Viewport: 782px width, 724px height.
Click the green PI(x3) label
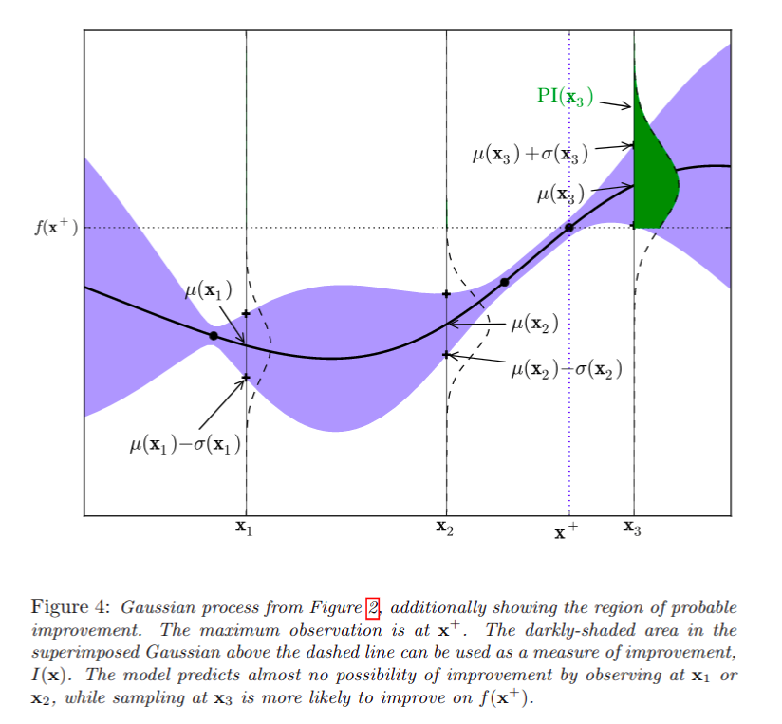[565, 96]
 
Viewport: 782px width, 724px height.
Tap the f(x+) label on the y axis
[56, 227]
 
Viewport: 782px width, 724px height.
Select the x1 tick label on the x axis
[244, 528]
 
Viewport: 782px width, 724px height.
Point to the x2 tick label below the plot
[445, 528]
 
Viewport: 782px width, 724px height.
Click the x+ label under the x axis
[566, 531]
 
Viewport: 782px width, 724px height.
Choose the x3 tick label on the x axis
[632, 528]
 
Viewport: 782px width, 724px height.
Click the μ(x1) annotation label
[209, 289]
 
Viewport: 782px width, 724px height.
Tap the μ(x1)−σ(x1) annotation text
[185, 444]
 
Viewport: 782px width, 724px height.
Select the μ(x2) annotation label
[534, 325]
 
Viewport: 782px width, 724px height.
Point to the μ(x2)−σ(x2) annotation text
[567, 369]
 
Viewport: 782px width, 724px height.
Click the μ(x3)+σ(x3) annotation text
[531, 154]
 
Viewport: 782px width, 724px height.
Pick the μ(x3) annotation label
[561, 194]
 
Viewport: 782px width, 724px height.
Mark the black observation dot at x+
[569, 228]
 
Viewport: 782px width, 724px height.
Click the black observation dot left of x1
[214, 336]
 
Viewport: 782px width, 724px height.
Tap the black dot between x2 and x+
[504, 282]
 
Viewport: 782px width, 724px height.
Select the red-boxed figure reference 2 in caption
[373, 608]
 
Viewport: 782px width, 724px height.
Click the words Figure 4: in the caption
[70, 607]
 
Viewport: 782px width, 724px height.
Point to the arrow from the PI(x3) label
[615, 104]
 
